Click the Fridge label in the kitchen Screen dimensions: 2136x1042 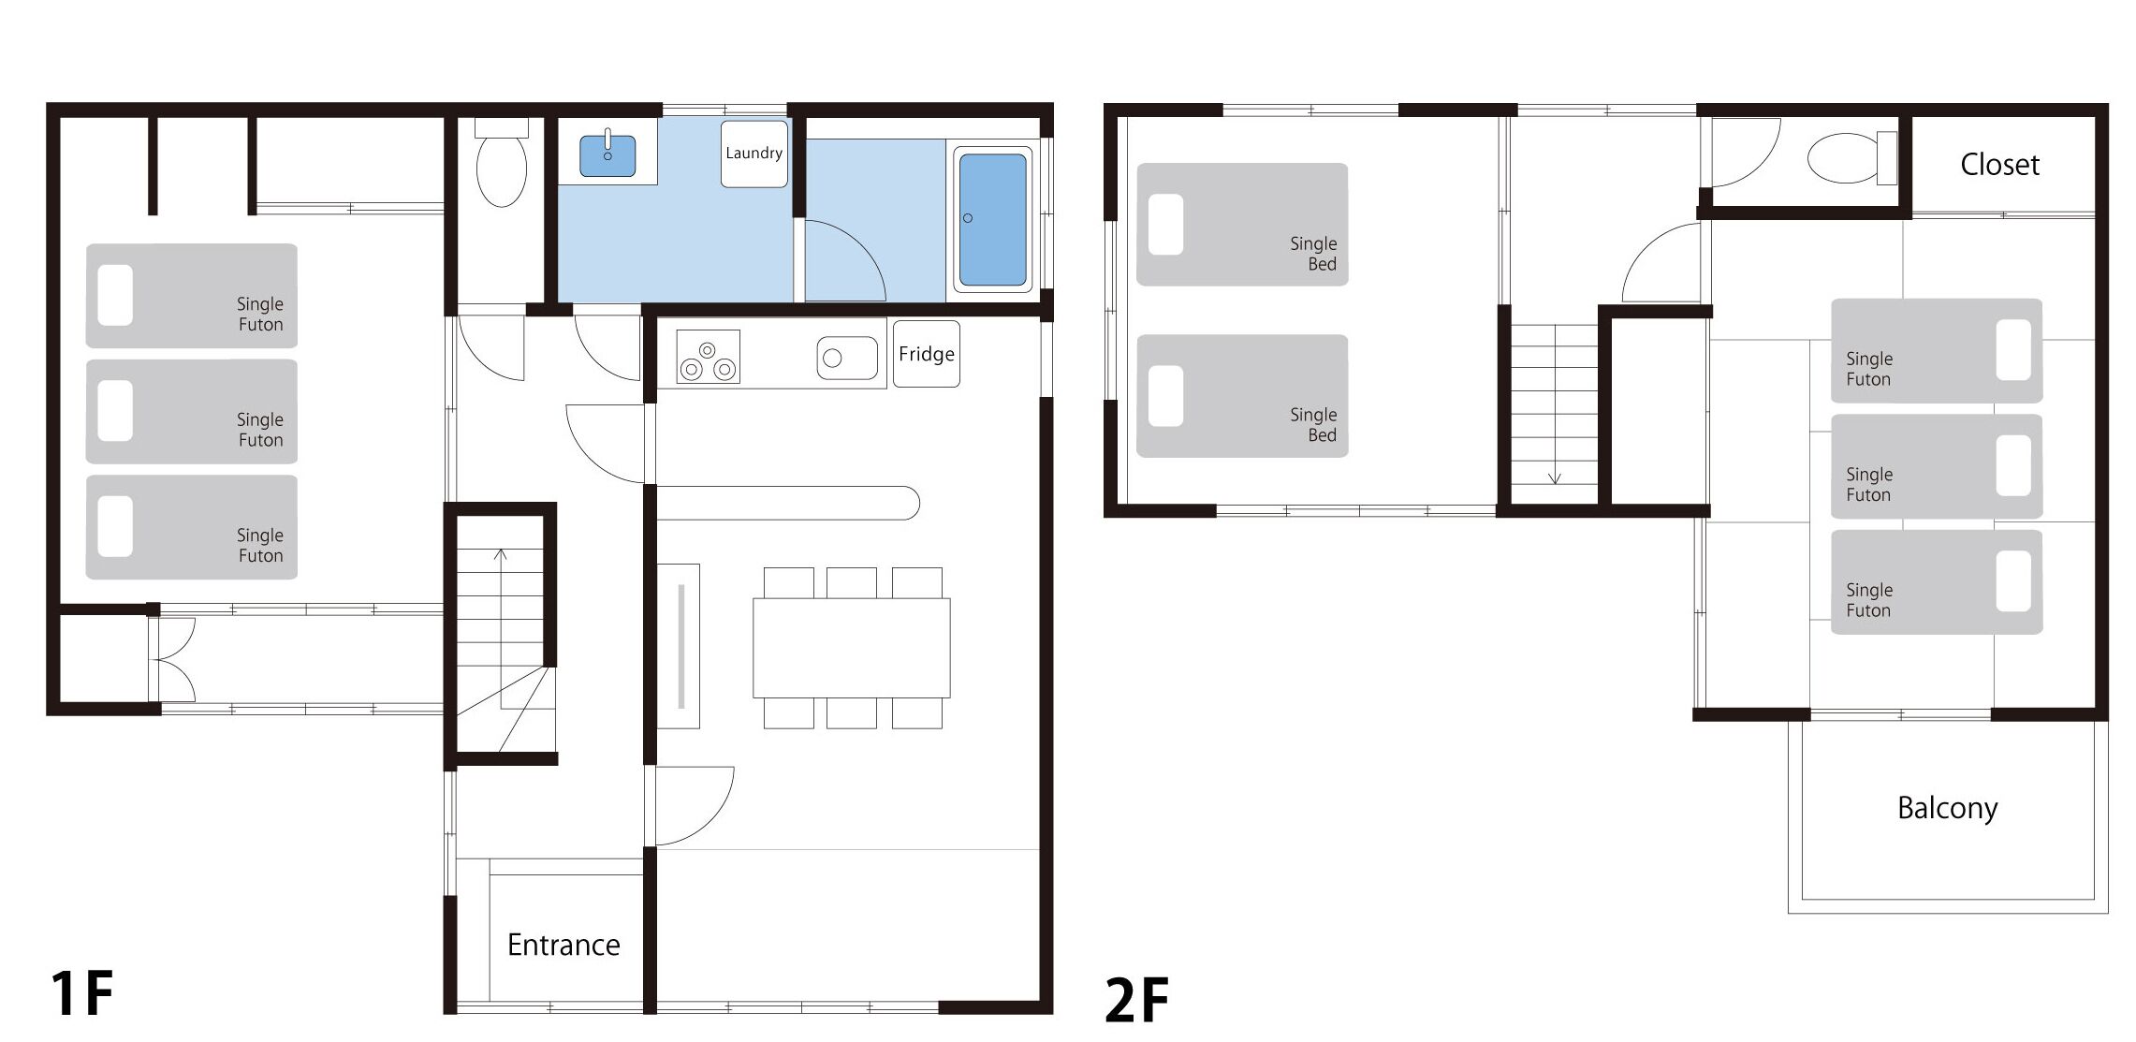(x=926, y=354)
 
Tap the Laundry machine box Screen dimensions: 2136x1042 (x=753, y=154)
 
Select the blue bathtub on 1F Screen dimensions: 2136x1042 (x=993, y=219)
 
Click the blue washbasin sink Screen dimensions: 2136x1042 (x=607, y=155)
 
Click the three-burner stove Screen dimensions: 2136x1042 (x=708, y=358)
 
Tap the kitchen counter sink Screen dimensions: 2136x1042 (x=847, y=358)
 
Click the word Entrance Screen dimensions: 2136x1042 (x=563, y=945)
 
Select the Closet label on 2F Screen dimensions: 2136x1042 (x=1999, y=165)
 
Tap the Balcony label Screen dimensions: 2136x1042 (x=1947, y=808)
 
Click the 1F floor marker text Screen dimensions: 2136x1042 (x=82, y=993)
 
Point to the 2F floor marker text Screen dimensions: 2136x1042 (x=1137, y=1000)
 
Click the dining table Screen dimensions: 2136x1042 (x=852, y=648)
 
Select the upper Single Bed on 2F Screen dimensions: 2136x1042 (x=1242, y=225)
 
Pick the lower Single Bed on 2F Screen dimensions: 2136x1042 (x=1242, y=396)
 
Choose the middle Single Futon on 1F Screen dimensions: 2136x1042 (x=192, y=412)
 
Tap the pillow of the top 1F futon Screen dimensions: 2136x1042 (x=115, y=296)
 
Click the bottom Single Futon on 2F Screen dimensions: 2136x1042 (x=1937, y=582)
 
